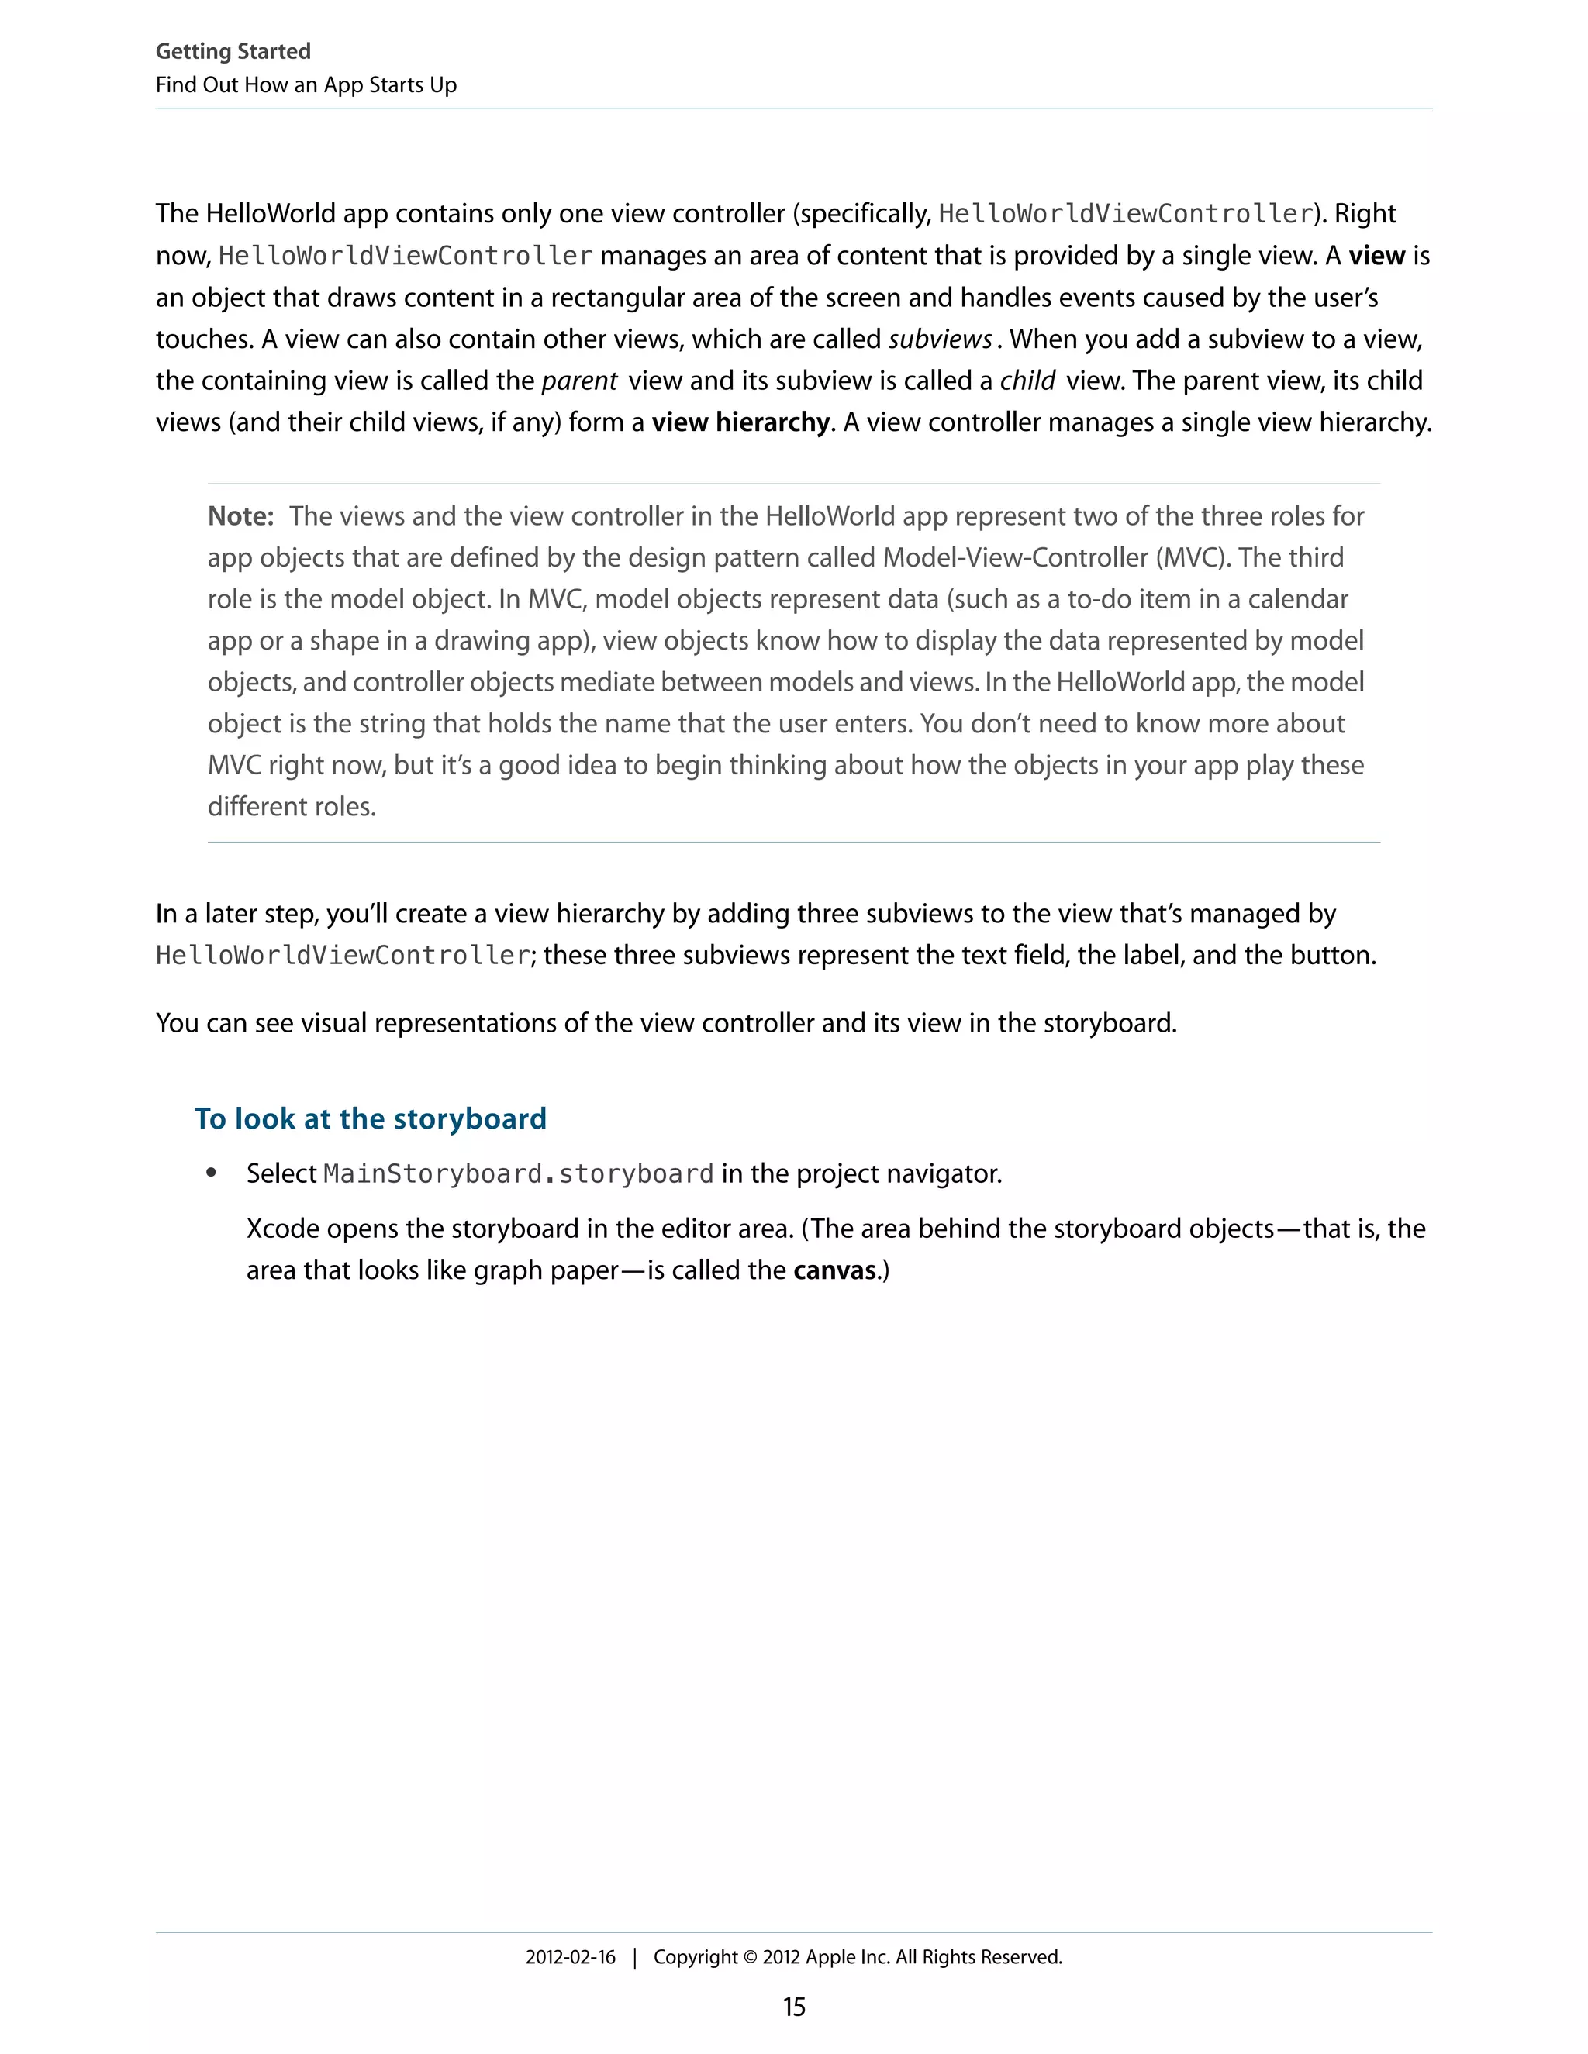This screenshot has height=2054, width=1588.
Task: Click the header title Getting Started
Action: (233, 52)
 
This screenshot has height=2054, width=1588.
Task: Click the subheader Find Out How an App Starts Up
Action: (306, 85)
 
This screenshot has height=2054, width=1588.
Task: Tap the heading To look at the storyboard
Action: (370, 1118)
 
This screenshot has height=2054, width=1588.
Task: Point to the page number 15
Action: (794, 2007)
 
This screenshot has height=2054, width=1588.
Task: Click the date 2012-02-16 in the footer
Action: (570, 1957)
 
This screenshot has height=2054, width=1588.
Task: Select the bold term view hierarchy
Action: (740, 422)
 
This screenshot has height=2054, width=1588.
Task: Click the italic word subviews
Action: (940, 339)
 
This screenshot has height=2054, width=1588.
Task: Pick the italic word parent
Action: (578, 381)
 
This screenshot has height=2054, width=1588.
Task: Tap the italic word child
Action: (1027, 381)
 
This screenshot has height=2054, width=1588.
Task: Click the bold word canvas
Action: (834, 1270)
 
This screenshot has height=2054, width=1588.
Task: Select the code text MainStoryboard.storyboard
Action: (519, 1174)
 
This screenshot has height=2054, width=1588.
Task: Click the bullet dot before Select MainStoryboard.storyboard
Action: (212, 1173)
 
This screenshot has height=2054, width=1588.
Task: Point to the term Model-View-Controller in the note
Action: (1015, 558)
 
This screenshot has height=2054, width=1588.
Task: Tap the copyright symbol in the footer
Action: (750, 1957)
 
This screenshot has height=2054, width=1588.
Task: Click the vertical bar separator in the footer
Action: (635, 1957)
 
